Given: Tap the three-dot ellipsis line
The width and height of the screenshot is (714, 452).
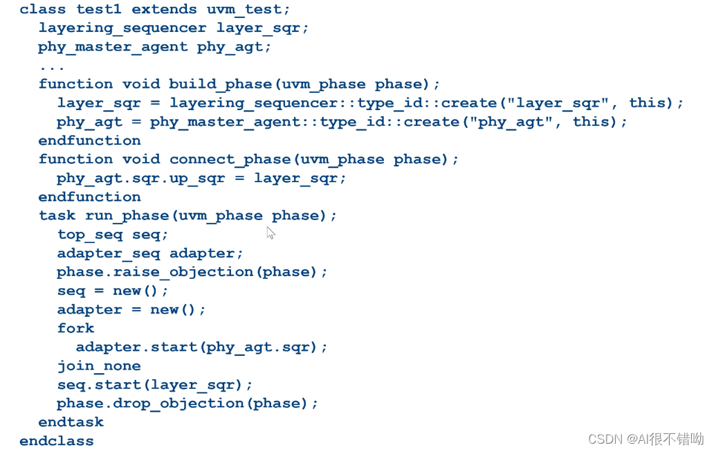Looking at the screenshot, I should coord(52,66).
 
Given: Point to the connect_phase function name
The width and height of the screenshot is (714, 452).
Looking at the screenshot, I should coord(226,160).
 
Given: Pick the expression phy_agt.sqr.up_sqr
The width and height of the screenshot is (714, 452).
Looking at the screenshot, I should coord(141,179).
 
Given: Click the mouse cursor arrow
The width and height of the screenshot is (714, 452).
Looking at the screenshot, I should coord(271,233).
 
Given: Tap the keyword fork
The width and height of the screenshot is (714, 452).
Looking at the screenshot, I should coord(75,329).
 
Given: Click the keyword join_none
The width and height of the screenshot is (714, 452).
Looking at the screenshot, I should coord(99,366).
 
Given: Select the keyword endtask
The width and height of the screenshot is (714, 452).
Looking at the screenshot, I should coord(71,422).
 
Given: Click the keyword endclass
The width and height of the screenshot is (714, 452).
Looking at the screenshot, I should coord(57,441).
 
